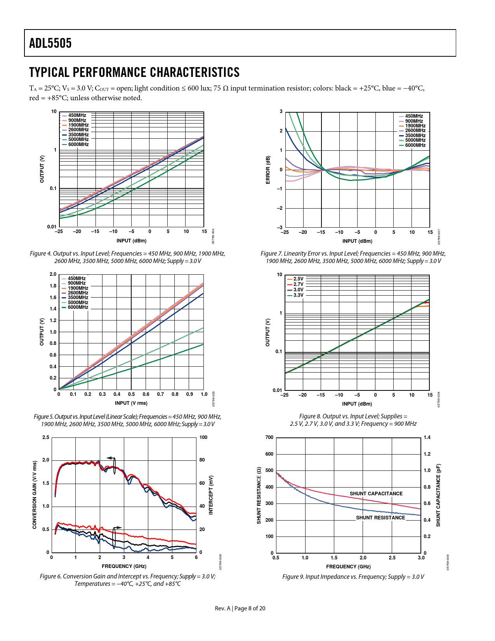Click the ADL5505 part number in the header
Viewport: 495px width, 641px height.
pyautogui.click(x=50, y=43)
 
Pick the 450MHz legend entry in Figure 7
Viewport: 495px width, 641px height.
pyautogui.click(x=414, y=116)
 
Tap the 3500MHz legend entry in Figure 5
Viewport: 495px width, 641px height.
pyautogui.click(x=78, y=298)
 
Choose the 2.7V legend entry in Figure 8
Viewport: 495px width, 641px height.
pyautogui.click(x=298, y=284)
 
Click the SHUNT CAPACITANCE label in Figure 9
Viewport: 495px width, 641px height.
pyautogui.click(x=376, y=494)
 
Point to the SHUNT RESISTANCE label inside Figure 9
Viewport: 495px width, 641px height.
pyautogui.click(x=380, y=518)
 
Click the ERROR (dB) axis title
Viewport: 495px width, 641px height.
pyautogui.click(x=268, y=170)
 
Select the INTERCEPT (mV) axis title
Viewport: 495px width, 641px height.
pyautogui.click(x=211, y=495)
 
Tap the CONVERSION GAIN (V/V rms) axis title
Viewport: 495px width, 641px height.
pyautogui.click(x=35, y=495)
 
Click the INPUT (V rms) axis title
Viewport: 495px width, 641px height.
pyautogui.click(x=131, y=403)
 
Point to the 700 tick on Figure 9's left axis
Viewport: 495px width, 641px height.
pyautogui.click(x=269, y=437)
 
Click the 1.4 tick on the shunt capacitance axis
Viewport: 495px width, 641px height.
pyautogui.click(x=427, y=437)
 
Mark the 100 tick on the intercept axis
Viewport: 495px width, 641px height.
pyautogui.click(x=203, y=437)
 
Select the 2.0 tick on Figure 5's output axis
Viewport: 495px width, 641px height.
pyautogui.click(x=53, y=274)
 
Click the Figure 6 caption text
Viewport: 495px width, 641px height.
pyautogui.click(x=127, y=580)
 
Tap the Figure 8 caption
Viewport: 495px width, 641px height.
pyautogui.click(x=353, y=420)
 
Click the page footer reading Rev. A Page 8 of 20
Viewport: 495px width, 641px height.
pyautogui.click(x=240, y=608)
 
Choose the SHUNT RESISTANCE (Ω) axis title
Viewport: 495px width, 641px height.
pyautogui.click(x=259, y=495)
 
